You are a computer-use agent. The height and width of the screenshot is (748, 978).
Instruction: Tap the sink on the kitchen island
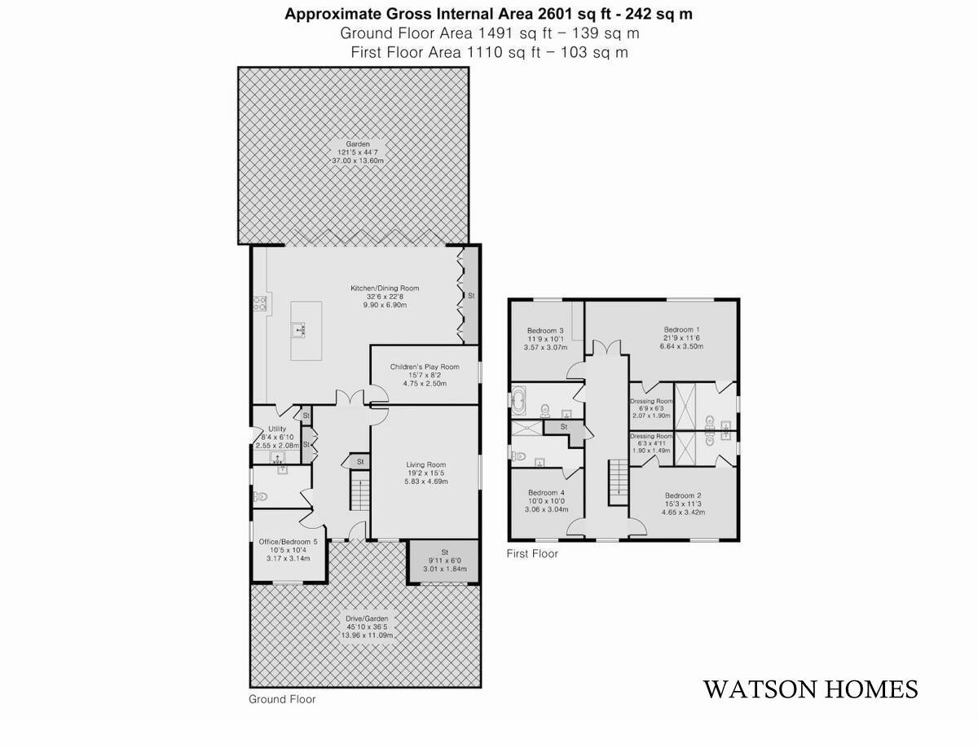pyautogui.click(x=299, y=329)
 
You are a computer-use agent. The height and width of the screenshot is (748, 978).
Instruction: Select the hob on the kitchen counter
pyautogui.click(x=261, y=303)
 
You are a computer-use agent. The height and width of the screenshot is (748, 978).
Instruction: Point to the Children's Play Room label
pyautogui.click(x=425, y=367)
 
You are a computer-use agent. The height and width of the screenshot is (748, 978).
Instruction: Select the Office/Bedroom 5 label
pyautogui.click(x=288, y=542)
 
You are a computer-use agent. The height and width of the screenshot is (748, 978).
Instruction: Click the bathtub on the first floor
pyautogui.click(x=519, y=400)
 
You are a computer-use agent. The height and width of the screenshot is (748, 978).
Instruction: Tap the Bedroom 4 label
pyautogui.click(x=546, y=493)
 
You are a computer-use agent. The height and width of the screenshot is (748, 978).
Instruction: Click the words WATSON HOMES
pyautogui.click(x=810, y=689)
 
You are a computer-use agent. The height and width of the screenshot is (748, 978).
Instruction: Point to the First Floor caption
pyautogui.click(x=532, y=554)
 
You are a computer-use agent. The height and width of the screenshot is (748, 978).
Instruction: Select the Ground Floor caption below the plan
pyautogui.click(x=282, y=699)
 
